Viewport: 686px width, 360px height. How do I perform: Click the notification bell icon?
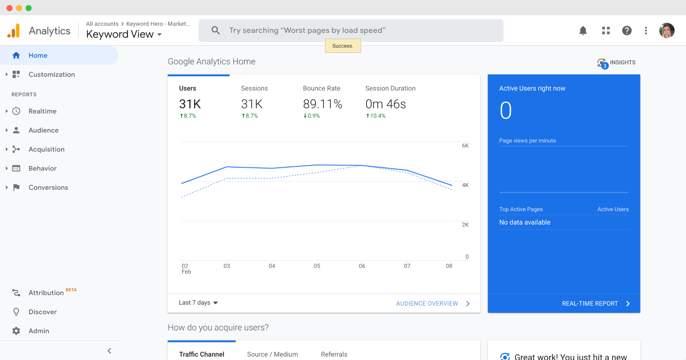click(x=583, y=31)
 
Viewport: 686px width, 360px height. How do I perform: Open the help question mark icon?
click(x=627, y=31)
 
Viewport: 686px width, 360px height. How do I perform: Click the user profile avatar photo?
click(x=667, y=31)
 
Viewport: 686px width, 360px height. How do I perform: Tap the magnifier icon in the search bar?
click(x=216, y=31)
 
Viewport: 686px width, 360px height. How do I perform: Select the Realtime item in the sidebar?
click(x=42, y=111)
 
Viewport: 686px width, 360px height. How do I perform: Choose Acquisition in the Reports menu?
click(x=46, y=149)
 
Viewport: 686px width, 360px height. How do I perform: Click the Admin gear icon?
click(x=16, y=331)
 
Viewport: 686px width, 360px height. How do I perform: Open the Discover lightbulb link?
click(x=42, y=312)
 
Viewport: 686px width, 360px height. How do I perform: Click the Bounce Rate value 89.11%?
click(x=322, y=104)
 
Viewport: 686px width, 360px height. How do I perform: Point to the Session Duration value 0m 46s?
click(x=386, y=104)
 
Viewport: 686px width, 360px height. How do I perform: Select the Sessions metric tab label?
click(x=254, y=88)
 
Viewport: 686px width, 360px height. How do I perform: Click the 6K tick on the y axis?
click(x=465, y=146)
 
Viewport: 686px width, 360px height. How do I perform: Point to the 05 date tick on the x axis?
click(x=317, y=266)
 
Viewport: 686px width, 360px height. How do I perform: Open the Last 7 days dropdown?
click(x=198, y=303)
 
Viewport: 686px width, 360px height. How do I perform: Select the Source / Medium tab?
click(x=272, y=354)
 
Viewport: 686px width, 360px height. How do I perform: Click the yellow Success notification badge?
click(x=343, y=46)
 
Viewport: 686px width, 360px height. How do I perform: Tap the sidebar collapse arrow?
click(x=109, y=351)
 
